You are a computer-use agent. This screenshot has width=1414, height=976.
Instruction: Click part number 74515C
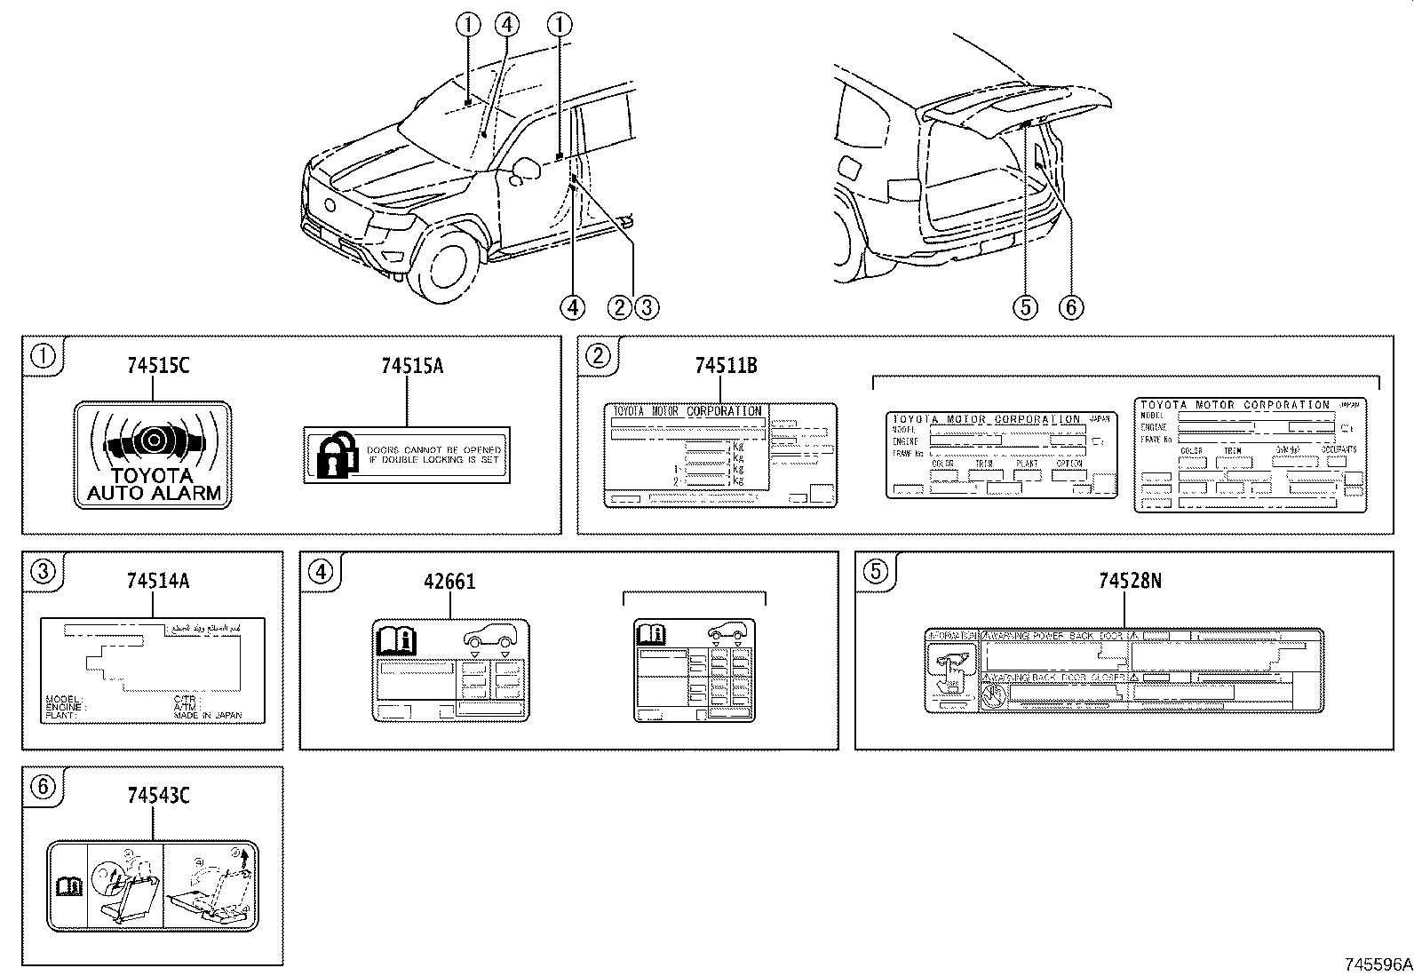click(158, 366)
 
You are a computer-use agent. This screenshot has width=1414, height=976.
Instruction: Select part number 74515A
click(411, 366)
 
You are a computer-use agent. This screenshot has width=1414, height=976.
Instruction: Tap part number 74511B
click(726, 366)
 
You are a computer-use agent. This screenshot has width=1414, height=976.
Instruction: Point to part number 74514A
click(157, 582)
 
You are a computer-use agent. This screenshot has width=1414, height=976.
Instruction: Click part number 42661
click(449, 582)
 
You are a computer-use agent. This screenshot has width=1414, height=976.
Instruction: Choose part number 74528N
click(1130, 581)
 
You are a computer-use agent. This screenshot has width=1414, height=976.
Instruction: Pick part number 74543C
click(158, 796)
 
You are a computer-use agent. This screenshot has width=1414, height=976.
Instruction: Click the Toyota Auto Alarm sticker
click(153, 455)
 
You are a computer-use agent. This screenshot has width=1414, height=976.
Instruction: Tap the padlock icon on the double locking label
click(336, 455)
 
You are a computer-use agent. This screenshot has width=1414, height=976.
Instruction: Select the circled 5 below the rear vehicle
click(1025, 307)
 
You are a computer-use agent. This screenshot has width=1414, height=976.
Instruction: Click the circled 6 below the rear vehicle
click(1071, 307)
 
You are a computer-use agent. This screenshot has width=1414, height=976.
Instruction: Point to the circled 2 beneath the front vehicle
click(620, 307)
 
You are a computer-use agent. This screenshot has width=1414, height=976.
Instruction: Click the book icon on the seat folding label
click(68, 885)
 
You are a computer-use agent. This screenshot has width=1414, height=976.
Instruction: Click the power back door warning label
click(1124, 671)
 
